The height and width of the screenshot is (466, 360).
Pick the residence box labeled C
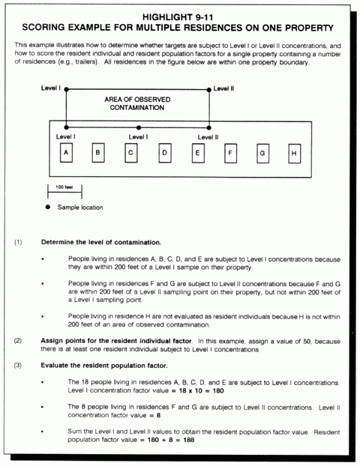tap(131, 153)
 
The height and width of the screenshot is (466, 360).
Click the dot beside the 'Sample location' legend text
tap(49, 207)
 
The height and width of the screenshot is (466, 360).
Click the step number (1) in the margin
tap(18, 243)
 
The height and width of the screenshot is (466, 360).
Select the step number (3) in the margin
tap(18, 366)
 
